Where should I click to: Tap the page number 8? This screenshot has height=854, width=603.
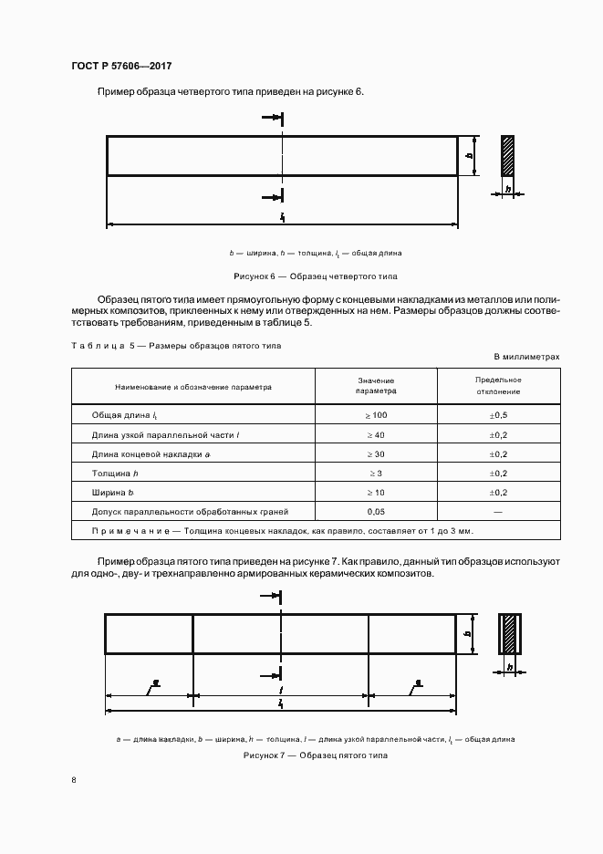(x=73, y=778)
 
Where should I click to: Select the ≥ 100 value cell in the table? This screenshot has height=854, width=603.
(x=376, y=415)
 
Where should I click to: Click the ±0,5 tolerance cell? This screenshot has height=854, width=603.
(x=498, y=415)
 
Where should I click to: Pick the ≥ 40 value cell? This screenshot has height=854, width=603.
(x=376, y=434)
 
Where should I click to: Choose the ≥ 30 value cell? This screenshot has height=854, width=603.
(x=376, y=453)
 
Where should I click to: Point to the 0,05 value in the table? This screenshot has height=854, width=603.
(x=376, y=512)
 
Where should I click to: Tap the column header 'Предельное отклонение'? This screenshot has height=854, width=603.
(x=498, y=385)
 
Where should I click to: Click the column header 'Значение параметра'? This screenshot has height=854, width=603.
(x=376, y=385)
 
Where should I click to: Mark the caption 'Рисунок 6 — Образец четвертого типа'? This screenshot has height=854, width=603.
(x=316, y=276)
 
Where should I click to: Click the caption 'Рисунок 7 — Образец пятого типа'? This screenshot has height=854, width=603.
(x=316, y=756)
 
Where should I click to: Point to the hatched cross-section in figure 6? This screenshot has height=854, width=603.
(x=507, y=156)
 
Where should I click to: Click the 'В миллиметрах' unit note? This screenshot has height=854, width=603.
(x=526, y=357)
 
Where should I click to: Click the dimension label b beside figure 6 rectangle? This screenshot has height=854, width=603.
(x=470, y=156)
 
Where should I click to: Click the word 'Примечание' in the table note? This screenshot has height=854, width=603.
(x=128, y=531)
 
